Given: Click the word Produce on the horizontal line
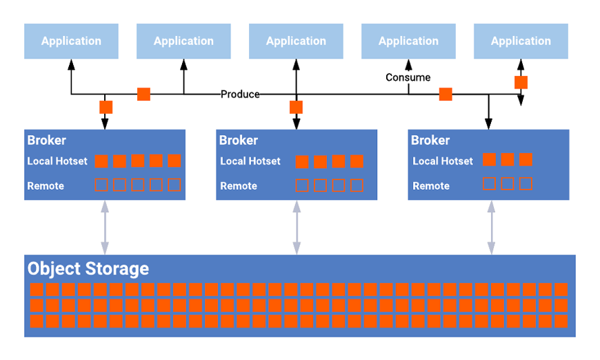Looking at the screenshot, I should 240,94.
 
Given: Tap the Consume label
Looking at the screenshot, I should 408,77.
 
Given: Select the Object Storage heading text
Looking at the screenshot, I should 88,268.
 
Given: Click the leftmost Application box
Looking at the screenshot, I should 71,41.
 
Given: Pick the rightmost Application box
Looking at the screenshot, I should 521,41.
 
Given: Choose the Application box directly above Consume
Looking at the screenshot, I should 408,41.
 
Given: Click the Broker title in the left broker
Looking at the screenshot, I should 47,140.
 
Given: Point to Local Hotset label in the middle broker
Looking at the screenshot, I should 250,161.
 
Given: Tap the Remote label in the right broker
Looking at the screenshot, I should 431,186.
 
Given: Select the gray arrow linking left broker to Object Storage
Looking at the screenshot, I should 105,228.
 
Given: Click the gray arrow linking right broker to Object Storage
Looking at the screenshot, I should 491,228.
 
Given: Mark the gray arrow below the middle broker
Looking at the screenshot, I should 297,228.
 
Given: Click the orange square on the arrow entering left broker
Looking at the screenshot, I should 106,107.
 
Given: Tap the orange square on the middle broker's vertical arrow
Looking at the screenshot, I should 296,107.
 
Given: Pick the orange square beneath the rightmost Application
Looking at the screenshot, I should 521,82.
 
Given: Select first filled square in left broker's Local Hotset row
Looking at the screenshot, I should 101,161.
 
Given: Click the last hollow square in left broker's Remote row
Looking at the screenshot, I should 174,185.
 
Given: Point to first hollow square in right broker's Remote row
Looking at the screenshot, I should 489,184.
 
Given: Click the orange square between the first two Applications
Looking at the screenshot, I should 143,94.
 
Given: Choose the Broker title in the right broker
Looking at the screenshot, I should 430,140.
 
